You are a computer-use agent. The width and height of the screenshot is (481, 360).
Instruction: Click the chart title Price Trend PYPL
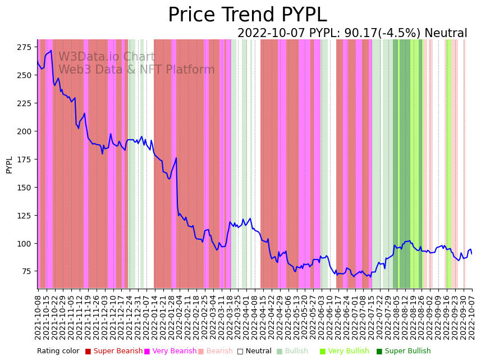click(247, 15)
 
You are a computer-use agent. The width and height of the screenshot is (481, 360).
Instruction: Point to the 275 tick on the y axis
click(25, 47)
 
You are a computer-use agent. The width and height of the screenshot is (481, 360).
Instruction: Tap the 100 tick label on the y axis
click(25, 244)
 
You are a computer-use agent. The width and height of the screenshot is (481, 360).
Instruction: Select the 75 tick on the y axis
click(28, 272)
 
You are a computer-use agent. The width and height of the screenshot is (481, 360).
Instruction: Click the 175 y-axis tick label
click(25, 160)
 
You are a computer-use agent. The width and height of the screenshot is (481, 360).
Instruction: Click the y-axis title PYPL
click(10, 165)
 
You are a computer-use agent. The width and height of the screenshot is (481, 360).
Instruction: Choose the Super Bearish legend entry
click(113, 352)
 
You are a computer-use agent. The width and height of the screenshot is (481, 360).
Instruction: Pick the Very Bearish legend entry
click(170, 352)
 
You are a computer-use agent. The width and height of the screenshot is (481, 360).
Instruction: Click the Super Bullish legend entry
click(403, 352)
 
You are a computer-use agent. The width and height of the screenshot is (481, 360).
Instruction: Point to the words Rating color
click(58, 352)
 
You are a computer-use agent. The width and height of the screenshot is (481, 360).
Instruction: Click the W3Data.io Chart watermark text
click(107, 57)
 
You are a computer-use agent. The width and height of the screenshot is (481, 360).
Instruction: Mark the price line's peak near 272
click(51, 51)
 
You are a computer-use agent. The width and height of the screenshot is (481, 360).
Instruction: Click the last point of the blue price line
click(471, 254)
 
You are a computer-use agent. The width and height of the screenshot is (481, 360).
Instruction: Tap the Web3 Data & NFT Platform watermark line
click(136, 70)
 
